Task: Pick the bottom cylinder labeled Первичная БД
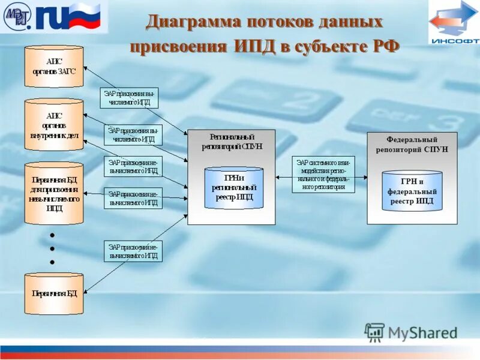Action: click(54, 293)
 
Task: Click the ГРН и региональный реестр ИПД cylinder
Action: click(234, 188)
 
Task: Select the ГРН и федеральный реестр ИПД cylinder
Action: click(412, 191)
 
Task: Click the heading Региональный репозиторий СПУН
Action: click(232, 141)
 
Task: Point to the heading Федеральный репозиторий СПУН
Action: click(412, 145)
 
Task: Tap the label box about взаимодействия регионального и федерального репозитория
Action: click(323, 175)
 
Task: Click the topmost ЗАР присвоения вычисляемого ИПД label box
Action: click(129, 98)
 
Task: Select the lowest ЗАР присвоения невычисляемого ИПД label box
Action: click(133, 251)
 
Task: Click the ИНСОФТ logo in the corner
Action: click(454, 23)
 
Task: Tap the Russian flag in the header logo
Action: click(85, 17)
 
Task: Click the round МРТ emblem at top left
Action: click(17, 17)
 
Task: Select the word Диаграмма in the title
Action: click(191, 22)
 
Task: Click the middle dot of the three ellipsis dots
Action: click(52, 248)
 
